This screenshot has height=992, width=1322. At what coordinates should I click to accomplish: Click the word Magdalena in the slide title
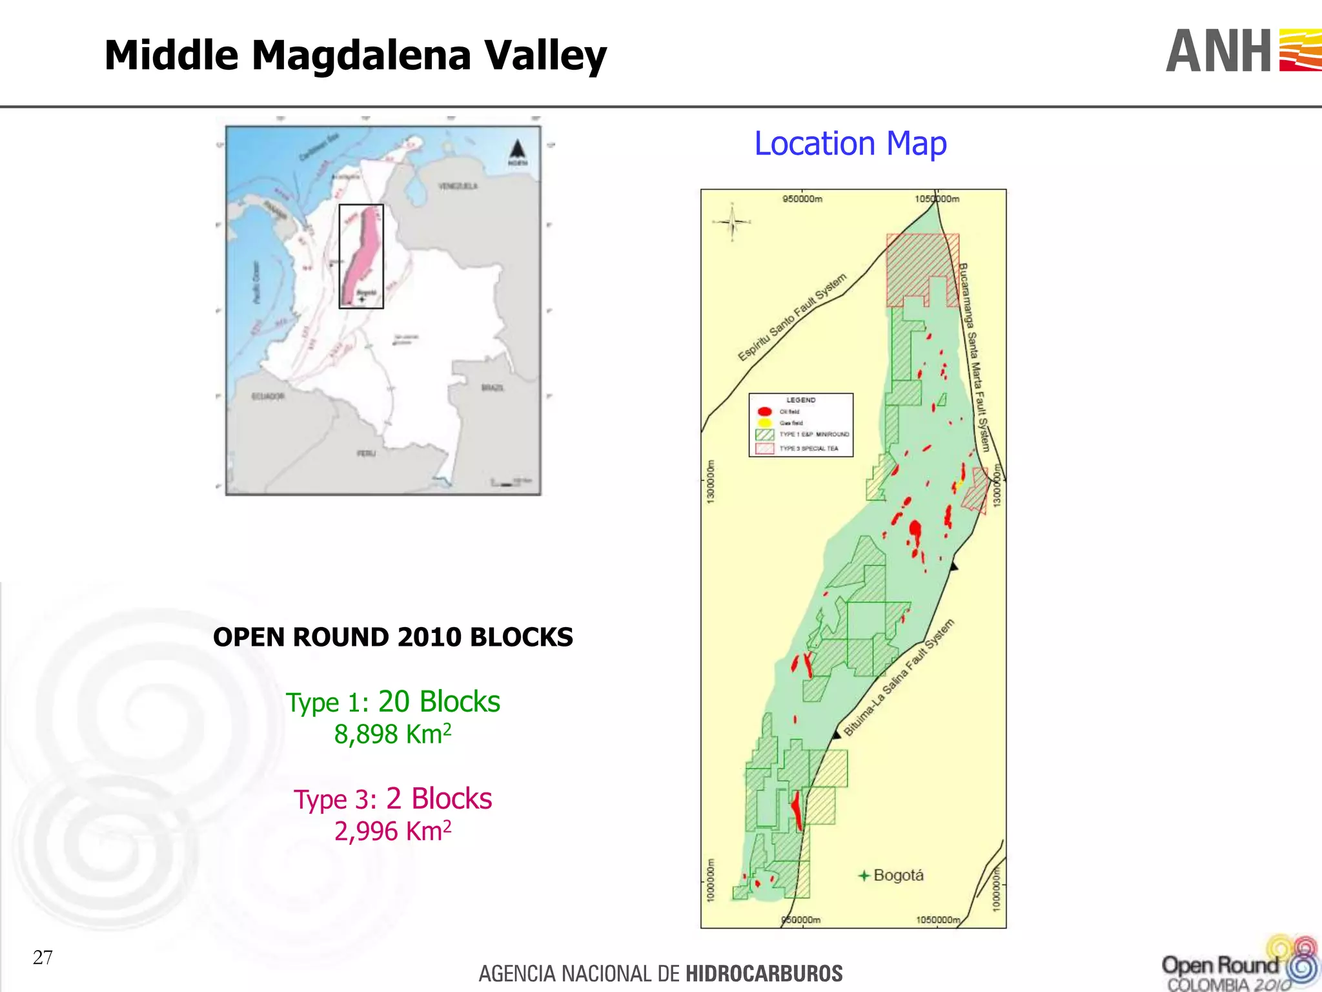coord(361,56)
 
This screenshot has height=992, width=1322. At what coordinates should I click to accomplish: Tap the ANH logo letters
coord(1219,52)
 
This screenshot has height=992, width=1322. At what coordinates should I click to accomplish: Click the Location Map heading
coord(850,143)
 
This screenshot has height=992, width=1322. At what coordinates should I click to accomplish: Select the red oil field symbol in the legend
coord(765,411)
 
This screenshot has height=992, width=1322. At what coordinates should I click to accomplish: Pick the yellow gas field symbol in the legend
coord(765,423)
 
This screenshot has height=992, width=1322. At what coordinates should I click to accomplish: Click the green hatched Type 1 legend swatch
coord(765,435)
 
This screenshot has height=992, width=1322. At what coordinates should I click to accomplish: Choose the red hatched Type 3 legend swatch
coord(765,448)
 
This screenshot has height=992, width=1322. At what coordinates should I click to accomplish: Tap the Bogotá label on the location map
coord(898,875)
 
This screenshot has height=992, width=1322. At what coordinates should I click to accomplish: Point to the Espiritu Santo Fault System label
coord(792,317)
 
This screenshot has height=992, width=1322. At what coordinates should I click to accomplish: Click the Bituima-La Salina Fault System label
coord(899,677)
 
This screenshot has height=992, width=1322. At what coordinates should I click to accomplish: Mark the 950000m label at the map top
coord(802,199)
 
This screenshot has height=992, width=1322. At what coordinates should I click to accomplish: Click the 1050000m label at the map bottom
coord(938,920)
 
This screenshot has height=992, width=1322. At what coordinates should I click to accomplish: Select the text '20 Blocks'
coord(439,701)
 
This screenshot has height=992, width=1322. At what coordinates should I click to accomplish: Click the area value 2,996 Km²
coord(392,831)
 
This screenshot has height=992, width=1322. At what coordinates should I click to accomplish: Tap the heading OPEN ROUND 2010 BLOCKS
coord(392,637)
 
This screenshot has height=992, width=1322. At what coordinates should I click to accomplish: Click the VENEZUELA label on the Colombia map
coord(458,186)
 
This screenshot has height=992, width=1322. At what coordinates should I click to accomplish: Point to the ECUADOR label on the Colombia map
coord(268,396)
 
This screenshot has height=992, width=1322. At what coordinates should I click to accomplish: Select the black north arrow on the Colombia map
coord(516,149)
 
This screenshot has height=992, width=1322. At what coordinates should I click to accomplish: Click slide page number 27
coord(43,957)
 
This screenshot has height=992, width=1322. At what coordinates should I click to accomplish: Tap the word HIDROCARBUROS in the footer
coord(764,973)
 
